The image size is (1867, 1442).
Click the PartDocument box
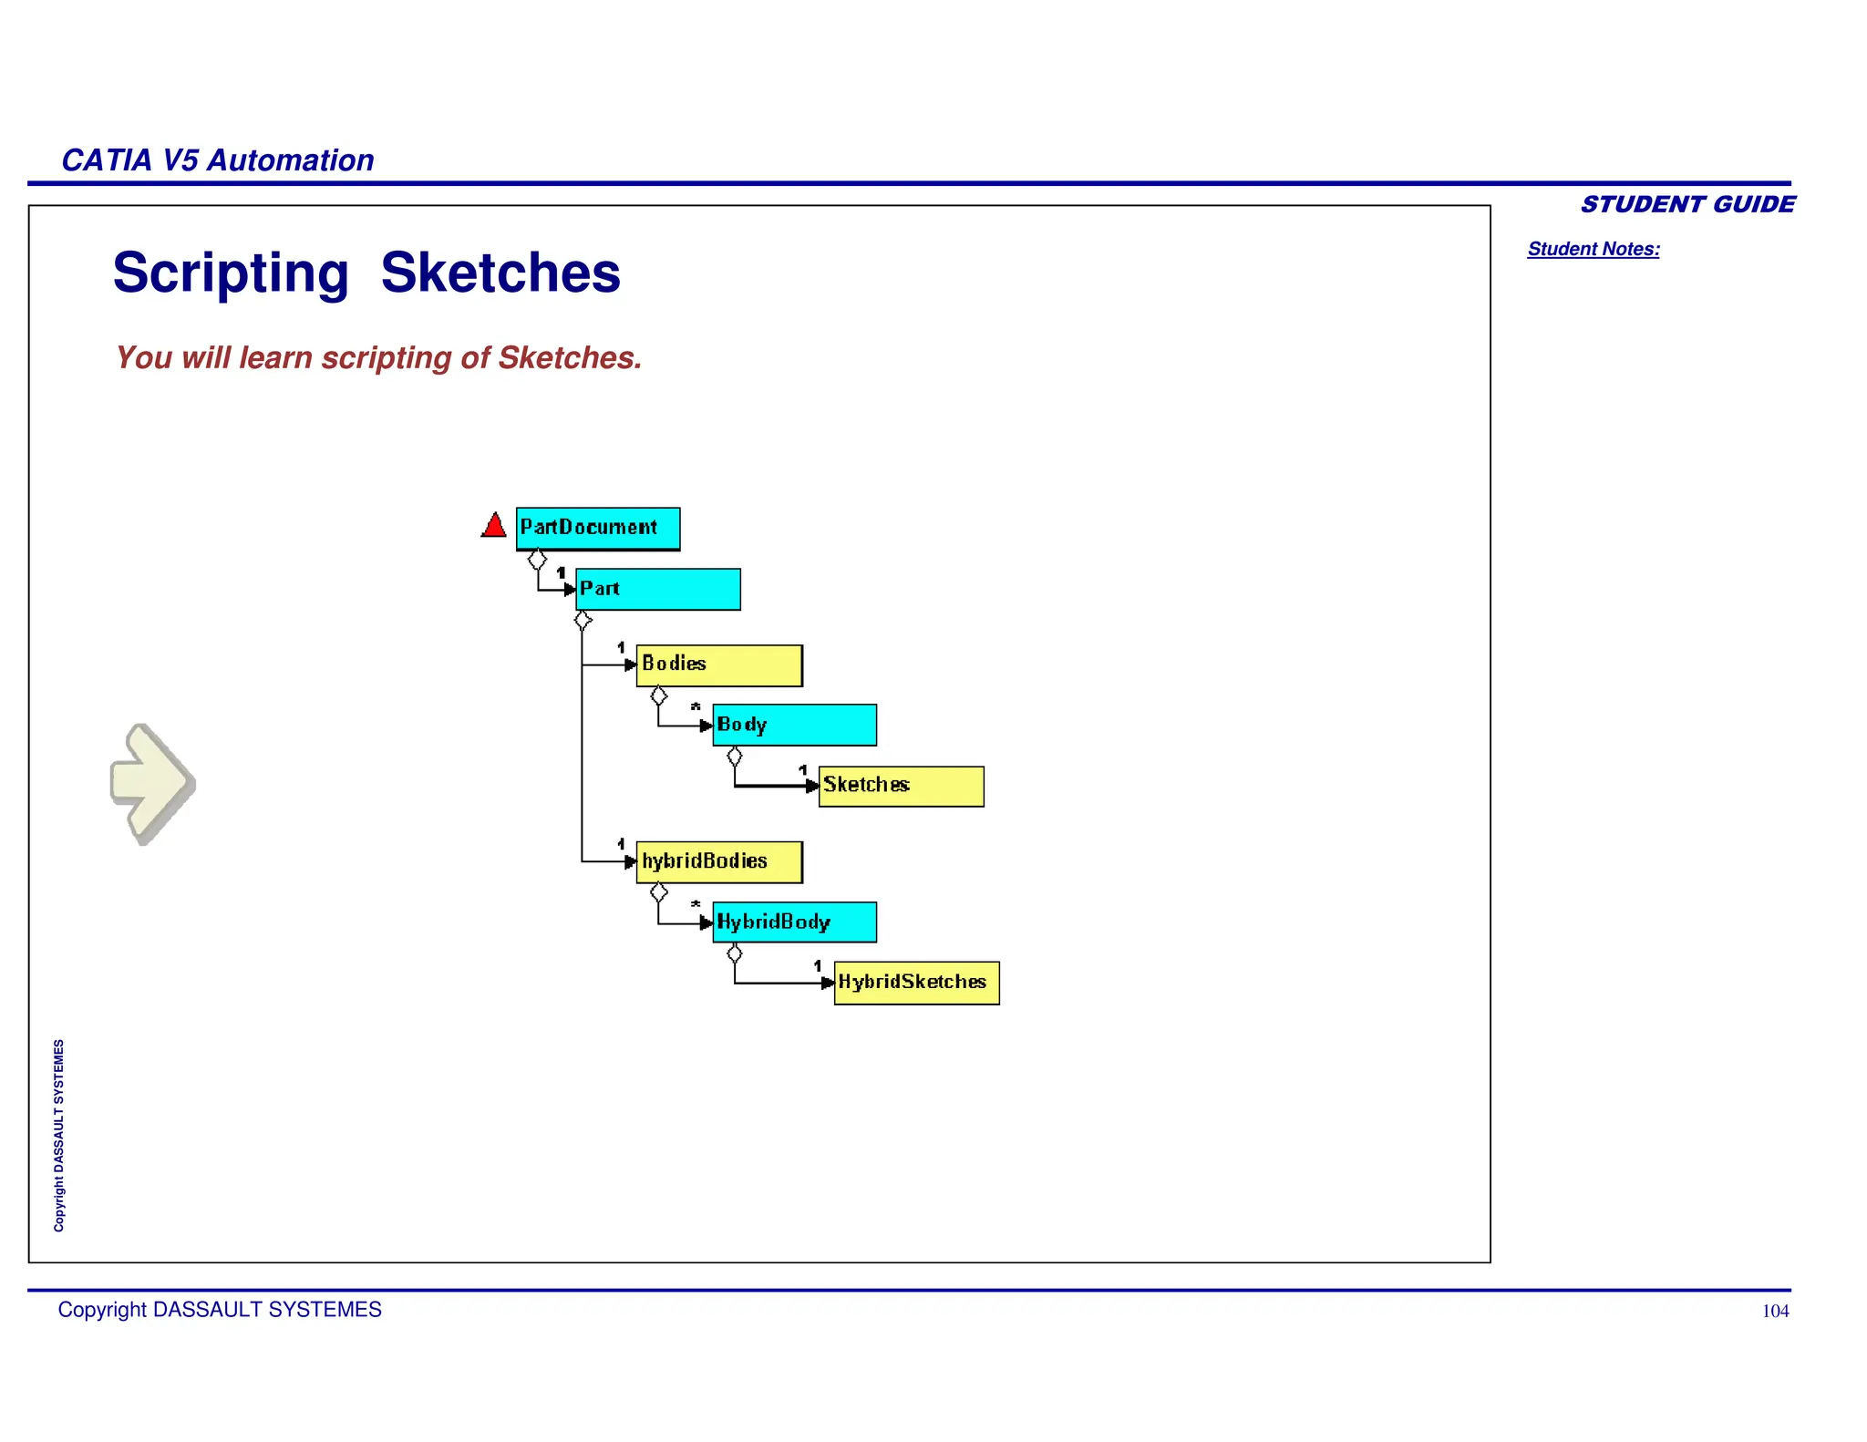coord(597,529)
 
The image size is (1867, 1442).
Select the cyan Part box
coord(657,590)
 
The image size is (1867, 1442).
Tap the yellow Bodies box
coord(718,665)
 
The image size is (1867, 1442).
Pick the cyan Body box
coord(794,726)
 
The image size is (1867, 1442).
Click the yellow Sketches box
coord(901,786)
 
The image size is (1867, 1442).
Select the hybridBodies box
coord(718,862)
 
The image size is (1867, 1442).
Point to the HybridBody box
coord(794,922)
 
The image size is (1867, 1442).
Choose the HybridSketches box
coord(916,984)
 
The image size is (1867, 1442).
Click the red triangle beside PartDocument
coord(494,526)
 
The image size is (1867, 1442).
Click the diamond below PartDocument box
coord(538,559)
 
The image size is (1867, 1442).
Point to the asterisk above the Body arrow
coord(696,707)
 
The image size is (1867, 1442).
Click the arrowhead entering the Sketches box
coord(812,786)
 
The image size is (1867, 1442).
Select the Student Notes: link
coord(1593,249)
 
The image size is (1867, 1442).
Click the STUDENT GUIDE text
coord(1686,204)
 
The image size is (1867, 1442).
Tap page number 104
coord(1774,1311)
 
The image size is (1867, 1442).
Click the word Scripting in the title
coord(231,273)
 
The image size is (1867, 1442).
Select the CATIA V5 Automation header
coord(217,160)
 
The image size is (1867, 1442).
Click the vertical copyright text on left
coord(59,1135)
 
